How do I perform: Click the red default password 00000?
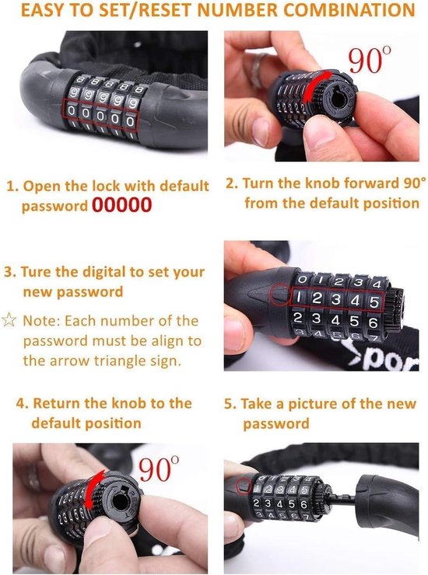point(121,204)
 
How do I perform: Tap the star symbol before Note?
point(9,320)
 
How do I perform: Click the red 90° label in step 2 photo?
point(370,60)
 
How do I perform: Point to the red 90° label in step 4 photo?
point(159,469)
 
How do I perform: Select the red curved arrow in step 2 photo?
point(315,86)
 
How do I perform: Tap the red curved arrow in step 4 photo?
point(94,490)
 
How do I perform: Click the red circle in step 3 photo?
point(280,294)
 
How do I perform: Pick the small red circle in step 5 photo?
point(244,486)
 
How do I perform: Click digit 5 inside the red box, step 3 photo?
point(374,302)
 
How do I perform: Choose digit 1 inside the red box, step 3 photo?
point(299,297)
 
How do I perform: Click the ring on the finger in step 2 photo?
point(258,70)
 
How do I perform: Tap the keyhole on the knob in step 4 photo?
point(121,501)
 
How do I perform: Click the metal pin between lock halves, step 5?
point(342,498)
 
